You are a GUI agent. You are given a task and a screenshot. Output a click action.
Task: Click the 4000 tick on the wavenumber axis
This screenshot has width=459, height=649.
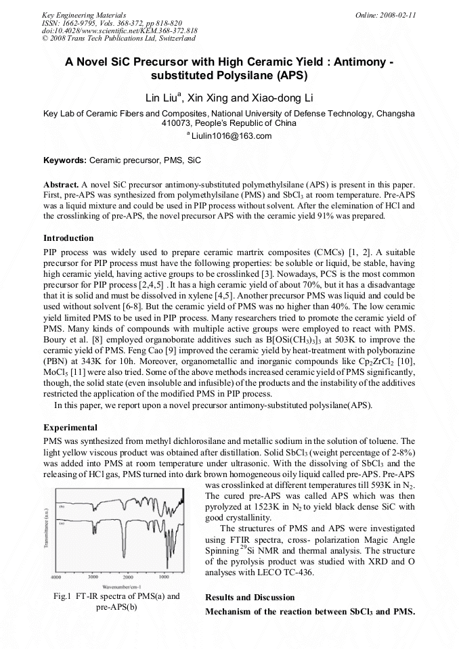click(57, 577)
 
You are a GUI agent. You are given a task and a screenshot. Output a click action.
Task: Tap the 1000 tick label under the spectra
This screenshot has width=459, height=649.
click(164, 577)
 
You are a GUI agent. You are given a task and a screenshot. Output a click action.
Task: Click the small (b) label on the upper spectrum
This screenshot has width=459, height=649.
click(62, 506)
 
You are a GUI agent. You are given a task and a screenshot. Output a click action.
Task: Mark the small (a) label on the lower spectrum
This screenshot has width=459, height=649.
click(62, 523)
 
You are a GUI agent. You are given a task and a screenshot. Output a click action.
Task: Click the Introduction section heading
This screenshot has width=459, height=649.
click(68, 238)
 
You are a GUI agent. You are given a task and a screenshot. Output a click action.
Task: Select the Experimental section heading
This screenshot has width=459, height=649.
click(70, 428)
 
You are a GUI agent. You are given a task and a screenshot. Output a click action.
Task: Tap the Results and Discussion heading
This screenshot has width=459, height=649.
click(249, 597)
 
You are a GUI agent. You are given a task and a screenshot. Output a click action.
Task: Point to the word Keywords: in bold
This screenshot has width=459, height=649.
click(65, 161)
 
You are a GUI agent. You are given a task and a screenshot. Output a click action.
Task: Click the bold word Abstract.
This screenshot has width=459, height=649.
click(61, 185)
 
